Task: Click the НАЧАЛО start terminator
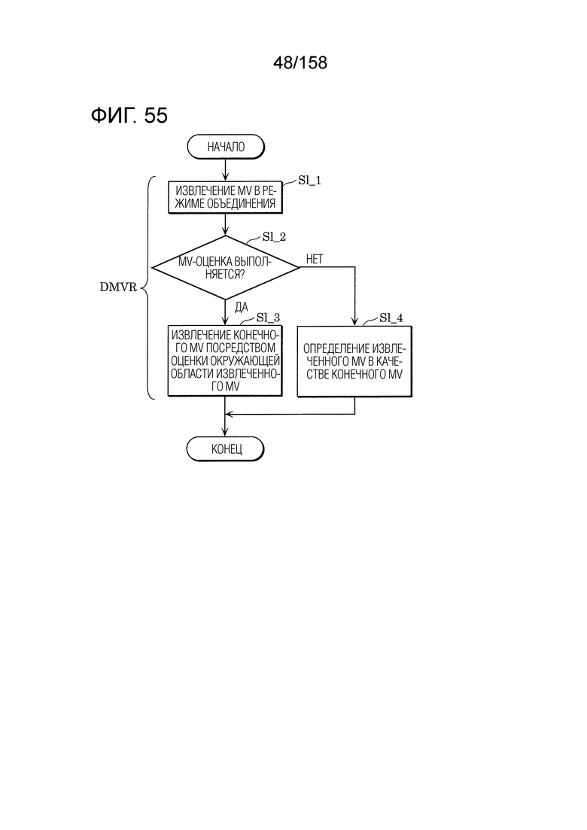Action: (x=226, y=147)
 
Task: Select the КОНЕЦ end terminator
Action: (x=226, y=449)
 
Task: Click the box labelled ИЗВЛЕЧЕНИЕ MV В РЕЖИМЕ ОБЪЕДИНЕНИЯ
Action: (x=226, y=197)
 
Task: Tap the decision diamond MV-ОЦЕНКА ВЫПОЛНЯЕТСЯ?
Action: (x=226, y=267)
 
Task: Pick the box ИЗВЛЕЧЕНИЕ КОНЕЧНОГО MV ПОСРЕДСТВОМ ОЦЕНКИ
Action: (x=225, y=361)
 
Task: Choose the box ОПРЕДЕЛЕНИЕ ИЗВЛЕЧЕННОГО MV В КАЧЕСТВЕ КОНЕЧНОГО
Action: (x=354, y=361)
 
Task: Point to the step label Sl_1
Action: (x=309, y=181)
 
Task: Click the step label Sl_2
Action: (x=274, y=237)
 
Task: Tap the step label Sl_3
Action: (x=269, y=318)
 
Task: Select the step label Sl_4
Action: (x=391, y=318)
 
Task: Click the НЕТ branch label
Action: (x=315, y=259)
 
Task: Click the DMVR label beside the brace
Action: (x=118, y=287)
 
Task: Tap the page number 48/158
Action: (x=300, y=63)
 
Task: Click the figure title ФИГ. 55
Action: (x=129, y=115)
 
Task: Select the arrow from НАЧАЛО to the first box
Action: (x=226, y=170)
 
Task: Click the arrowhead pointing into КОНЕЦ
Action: (x=226, y=433)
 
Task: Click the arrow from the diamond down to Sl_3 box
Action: (x=226, y=312)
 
